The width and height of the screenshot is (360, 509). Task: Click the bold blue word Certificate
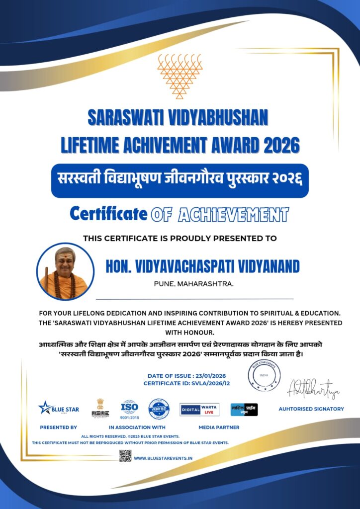[x=108, y=214]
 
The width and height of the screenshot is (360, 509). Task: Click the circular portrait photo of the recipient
[x=65, y=271]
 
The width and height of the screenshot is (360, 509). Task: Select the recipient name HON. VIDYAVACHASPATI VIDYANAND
[x=202, y=267]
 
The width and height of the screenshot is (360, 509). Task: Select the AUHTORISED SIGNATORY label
[x=311, y=409]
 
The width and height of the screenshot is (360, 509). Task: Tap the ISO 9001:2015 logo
[x=129, y=409]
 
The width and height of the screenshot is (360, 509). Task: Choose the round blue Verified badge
[x=159, y=409]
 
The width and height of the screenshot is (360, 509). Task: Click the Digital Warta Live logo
[x=199, y=410]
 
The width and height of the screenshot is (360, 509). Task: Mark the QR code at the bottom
[x=125, y=455]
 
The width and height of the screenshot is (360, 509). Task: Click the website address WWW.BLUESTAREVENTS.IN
[x=163, y=458]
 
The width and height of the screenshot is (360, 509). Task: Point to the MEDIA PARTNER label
[x=219, y=427]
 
